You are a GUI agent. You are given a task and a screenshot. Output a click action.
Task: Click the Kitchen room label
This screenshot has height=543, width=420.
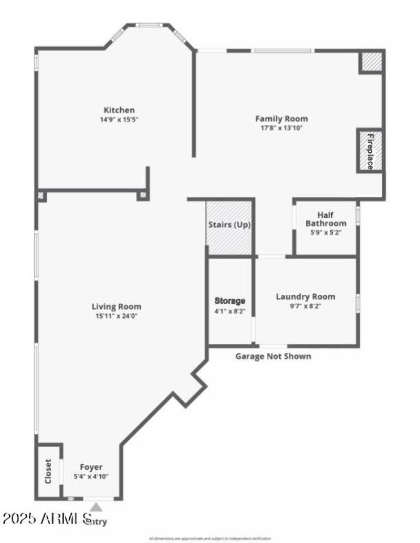[x=119, y=110]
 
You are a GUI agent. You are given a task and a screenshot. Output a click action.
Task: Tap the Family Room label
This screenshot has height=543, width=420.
[x=281, y=119]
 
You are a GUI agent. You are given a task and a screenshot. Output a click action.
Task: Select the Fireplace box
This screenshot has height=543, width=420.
[x=370, y=151]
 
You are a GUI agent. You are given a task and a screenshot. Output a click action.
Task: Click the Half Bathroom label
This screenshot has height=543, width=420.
[x=325, y=219]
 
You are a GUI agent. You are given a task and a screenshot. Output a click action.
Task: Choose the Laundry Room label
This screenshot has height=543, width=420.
[x=306, y=296]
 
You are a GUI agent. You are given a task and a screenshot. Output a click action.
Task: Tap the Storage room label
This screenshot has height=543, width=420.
[x=230, y=301]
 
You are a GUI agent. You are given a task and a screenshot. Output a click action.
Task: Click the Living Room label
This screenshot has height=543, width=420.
[x=117, y=307]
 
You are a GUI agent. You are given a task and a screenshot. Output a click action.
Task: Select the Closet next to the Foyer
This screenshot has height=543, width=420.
[x=48, y=471]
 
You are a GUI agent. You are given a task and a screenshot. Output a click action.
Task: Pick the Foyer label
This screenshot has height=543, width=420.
[x=91, y=467]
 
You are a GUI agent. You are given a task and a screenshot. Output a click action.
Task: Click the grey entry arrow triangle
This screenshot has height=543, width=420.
[x=97, y=507]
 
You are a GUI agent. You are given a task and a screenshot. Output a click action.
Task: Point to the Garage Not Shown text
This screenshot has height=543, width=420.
[x=273, y=356]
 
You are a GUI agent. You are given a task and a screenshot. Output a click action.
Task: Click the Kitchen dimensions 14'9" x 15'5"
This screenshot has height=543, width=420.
[x=119, y=119]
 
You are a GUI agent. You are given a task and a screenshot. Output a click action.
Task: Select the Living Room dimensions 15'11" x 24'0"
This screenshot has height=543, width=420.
[x=117, y=316]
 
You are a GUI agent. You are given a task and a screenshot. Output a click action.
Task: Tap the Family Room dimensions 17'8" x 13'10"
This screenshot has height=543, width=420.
[x=281, y=127]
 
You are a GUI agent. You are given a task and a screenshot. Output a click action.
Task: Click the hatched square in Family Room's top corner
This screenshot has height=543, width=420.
[x=371, y=62]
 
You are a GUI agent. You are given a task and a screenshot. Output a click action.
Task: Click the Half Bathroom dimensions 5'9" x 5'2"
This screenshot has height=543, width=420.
[x=325, y=232]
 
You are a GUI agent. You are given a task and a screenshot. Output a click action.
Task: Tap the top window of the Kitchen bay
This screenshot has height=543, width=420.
[x=149, y=25]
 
